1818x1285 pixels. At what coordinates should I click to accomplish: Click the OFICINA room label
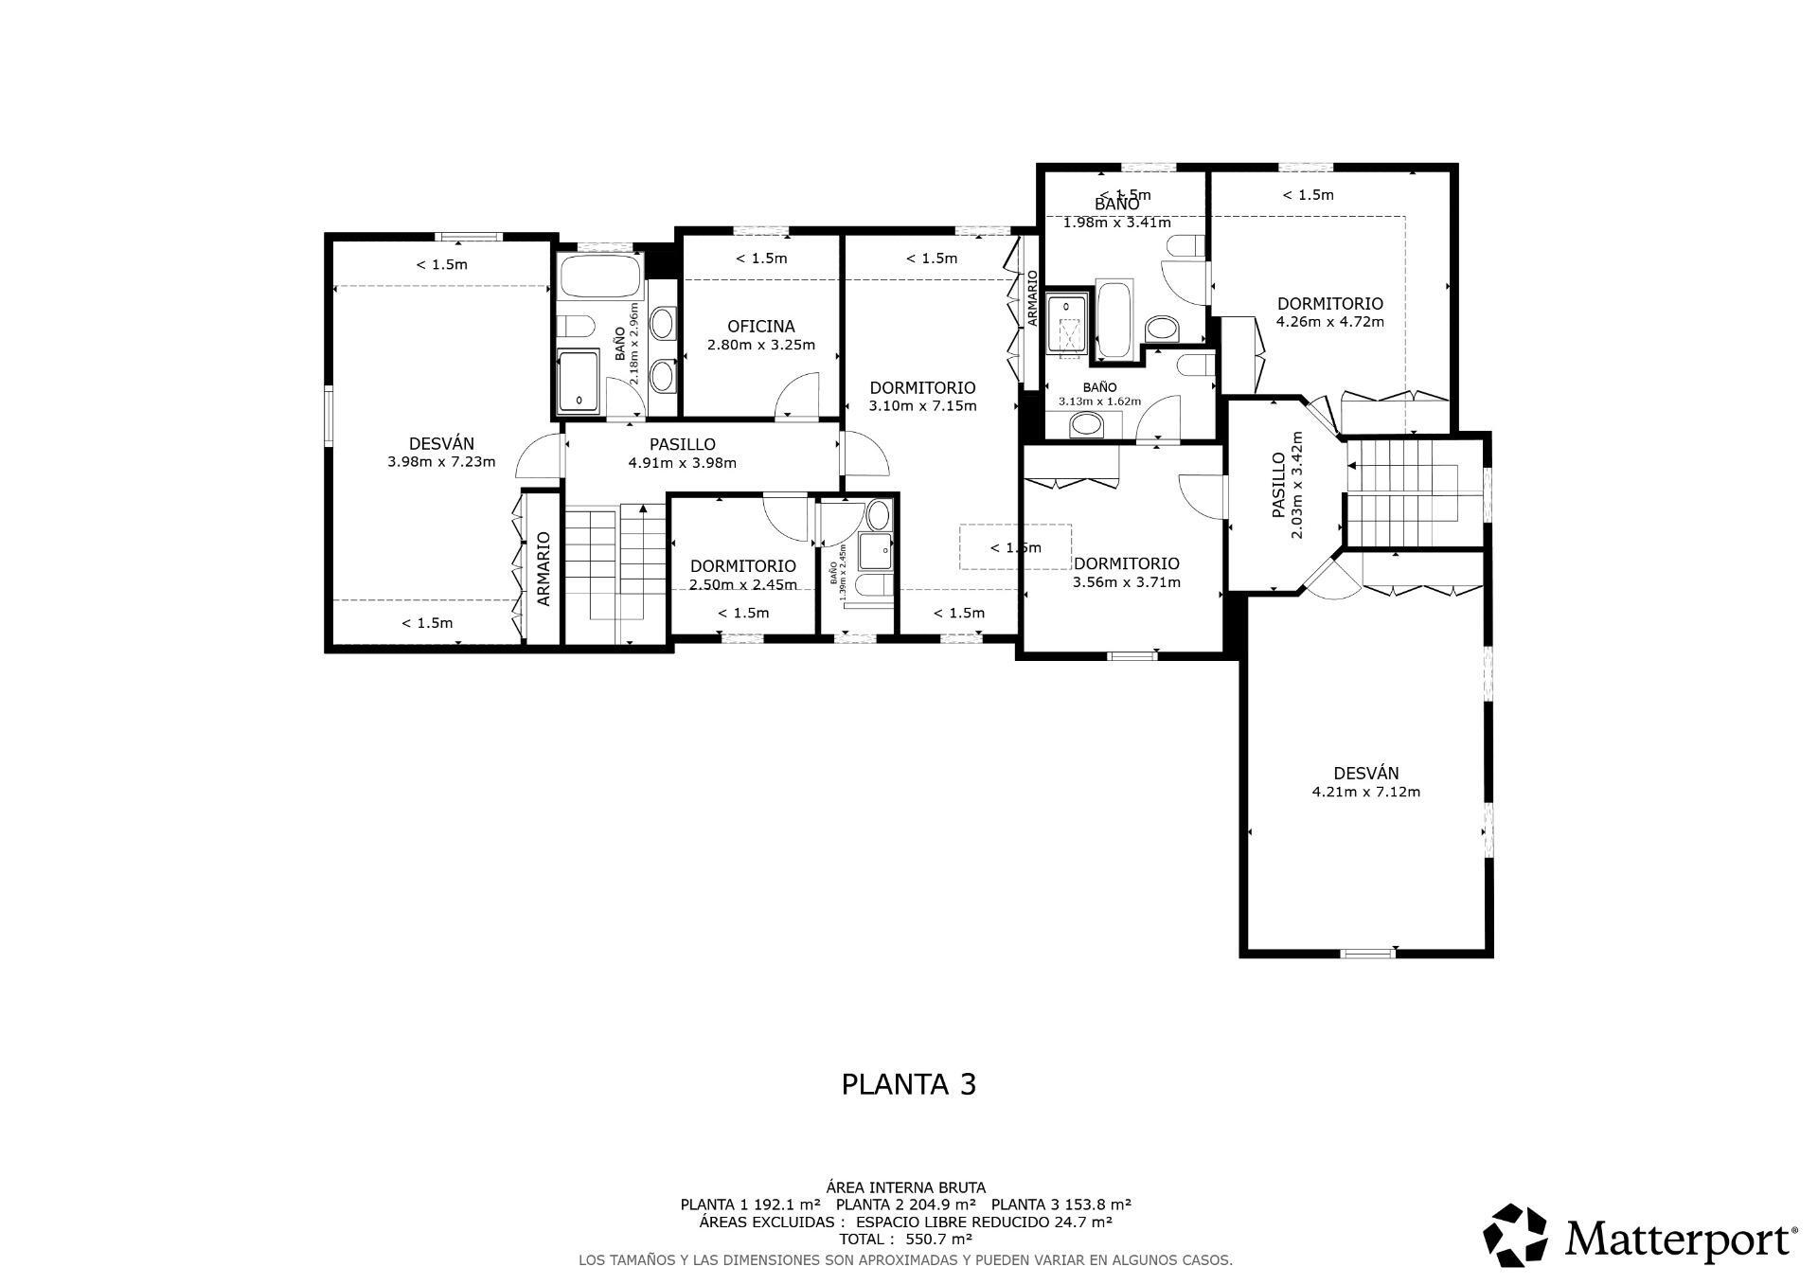click(760, 327)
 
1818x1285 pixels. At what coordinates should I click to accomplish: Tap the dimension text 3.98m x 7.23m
click(441, 462)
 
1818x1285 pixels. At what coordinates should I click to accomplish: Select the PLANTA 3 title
click(908, 1084)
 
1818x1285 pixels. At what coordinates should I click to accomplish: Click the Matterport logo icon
click(1515, 1235)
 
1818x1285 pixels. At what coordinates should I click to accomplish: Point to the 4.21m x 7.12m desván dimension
click(1365, 792)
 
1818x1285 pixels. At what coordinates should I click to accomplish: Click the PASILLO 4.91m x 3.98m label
click(682, 454)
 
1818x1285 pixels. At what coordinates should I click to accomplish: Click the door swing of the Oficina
click(797, 396)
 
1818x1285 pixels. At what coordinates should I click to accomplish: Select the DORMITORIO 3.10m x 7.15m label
click(922, 397)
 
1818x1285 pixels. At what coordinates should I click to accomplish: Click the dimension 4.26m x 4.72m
click(1329, 321)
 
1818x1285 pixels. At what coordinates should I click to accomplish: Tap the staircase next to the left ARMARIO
click(615, 563)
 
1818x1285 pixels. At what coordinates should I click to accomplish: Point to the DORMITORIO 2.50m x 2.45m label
click(742, 575)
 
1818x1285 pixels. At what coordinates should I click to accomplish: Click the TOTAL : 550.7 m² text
click(905, 1239)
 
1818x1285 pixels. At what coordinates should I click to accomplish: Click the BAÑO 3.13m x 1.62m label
click(1099, 394)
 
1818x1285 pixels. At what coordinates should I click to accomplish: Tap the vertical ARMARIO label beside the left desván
click(544, 568)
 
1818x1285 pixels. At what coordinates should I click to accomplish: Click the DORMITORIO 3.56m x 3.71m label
click(1126, 573)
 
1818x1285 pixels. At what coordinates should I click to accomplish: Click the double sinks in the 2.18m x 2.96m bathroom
click(664, 350)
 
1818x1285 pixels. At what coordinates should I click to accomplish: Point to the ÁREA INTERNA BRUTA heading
click(905, 1187)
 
